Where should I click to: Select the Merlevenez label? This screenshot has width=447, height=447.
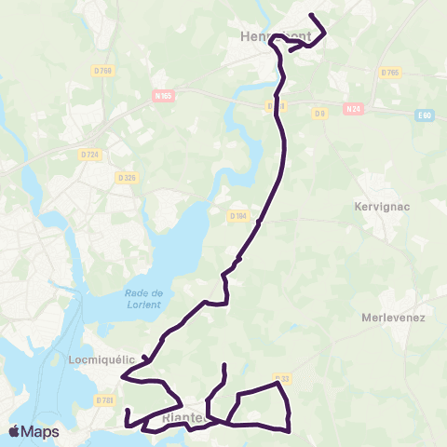tap(392, 317)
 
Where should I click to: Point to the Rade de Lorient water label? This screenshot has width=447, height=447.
tap(143, 299)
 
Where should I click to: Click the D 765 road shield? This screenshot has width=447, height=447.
tap(389, 72)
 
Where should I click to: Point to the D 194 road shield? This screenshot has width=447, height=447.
tap(237, 217)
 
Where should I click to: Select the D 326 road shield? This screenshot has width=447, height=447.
tap(128, 177)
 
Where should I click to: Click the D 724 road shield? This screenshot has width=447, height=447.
tap(89, 155)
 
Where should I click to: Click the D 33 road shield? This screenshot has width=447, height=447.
tap(284, 378)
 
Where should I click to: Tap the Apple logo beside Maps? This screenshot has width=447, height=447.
tap(14, 432)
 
